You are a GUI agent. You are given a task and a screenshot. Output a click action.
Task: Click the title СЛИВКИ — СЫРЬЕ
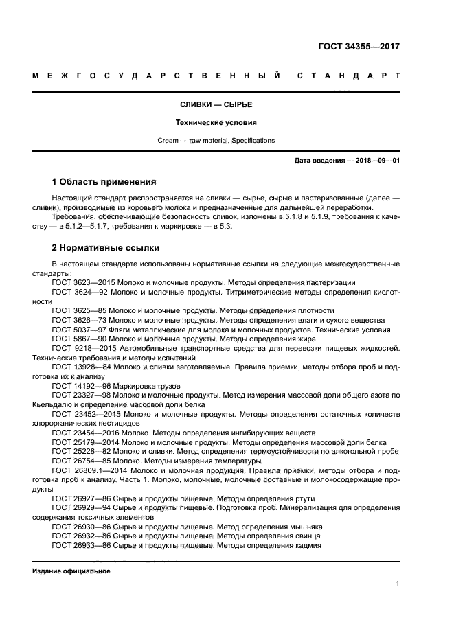pyautogui.click(x=216, y=104)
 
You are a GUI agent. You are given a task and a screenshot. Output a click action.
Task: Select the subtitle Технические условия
pyautogui.click(x=216, y=123)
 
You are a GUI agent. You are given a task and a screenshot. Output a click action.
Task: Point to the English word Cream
pyautogui.click(x=168, y=141)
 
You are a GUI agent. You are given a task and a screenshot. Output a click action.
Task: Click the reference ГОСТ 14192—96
pyautogui.click(x=80, y=387)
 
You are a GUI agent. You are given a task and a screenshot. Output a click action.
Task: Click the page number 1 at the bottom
pyautogui.click(x=398, y=584)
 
